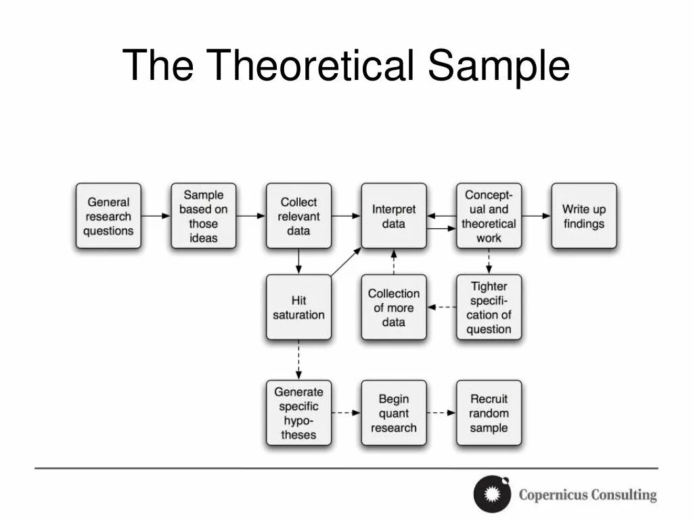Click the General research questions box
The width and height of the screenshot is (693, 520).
(x=108, y=216)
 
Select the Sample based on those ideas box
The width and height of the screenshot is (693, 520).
(x=203, y=216)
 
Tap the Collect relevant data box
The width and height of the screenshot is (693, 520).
(x=298, y=216)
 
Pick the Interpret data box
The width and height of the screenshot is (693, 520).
(x=393, y=216)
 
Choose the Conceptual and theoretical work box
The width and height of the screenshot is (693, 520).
(x=489, y=216)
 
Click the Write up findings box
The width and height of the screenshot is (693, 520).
(x=583, y=216)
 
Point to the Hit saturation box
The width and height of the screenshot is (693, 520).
(x=298, y=307)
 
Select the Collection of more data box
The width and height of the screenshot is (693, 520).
(x=393, y=307)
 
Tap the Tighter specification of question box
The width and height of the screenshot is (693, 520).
(x=489, y=307)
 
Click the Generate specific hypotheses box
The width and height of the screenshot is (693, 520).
(x=298, y=412)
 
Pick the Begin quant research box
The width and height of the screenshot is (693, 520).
(x=393, y=412)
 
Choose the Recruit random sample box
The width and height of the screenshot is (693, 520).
(x=489, y=412)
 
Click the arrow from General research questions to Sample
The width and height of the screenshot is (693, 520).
(x=156, y=216)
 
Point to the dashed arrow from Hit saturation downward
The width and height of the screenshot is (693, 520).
(x=298, y=359)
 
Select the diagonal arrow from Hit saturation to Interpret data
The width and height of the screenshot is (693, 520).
(x=346, y=262)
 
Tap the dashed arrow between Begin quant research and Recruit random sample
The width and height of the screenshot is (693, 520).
(x=441, y=412)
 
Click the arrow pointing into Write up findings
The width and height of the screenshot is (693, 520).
(x=537, y=216)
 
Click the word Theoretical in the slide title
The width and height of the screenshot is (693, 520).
(x=310, y=66)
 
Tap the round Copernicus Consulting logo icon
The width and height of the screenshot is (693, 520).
(x=492, y=494)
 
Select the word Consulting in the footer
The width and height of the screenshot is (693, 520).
(x=622, y=495)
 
